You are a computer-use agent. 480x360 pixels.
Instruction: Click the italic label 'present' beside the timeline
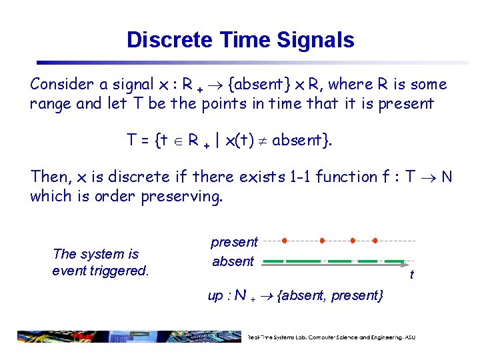[234, 242]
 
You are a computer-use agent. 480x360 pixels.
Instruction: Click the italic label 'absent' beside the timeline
[233, 261]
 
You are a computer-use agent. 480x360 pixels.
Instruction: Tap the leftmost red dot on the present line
[285, 239]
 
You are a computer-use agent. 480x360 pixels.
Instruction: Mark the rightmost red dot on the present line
[375, 239]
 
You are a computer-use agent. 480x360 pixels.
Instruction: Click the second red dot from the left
[321, 239]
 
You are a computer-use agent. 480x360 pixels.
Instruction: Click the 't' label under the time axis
[411, 275]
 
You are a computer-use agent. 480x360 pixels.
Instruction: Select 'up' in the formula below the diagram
[215, 295]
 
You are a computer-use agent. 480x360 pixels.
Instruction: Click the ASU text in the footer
[409, 337]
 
